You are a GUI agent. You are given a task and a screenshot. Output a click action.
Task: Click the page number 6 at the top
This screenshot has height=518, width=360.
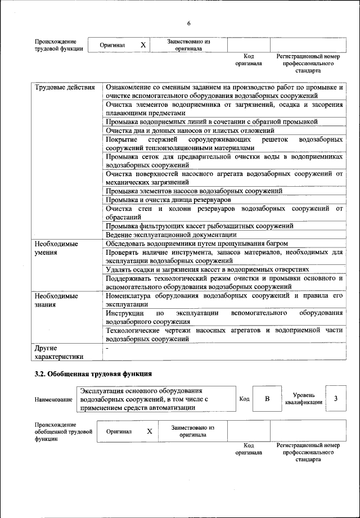point(189,23)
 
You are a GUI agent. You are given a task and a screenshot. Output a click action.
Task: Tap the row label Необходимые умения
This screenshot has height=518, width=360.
point(56,248)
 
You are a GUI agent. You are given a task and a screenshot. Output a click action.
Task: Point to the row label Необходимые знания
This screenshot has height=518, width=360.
point(56,300)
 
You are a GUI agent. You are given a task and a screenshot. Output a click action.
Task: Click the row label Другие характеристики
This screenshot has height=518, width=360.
point(58,352)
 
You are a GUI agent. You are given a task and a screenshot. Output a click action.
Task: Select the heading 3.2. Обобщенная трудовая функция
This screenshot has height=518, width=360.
point(93,373)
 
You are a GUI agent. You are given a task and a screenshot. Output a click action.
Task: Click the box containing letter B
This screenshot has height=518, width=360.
point(267,399)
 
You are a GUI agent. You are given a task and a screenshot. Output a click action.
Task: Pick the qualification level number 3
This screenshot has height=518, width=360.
point(335,399)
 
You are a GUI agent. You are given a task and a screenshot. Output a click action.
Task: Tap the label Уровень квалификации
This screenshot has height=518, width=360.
point(304,399)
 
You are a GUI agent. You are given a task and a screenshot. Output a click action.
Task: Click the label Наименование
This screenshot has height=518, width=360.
point(53,399)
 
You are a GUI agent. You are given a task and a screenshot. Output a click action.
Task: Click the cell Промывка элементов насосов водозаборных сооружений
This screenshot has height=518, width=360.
point(193,191)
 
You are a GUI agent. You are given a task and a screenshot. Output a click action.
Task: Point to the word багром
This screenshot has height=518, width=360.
point(276,244)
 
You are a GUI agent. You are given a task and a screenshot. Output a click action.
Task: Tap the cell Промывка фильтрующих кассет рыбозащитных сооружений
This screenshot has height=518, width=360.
point(199,226)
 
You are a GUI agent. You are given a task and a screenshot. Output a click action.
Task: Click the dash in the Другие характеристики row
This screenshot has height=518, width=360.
point(107,349)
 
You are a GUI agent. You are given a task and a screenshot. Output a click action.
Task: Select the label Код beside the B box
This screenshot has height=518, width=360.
point(244,399)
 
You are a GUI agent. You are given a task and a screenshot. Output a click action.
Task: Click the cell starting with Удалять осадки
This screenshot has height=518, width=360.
point(207,269)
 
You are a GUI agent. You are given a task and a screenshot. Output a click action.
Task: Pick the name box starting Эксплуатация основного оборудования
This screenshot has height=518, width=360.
point(155,399)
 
